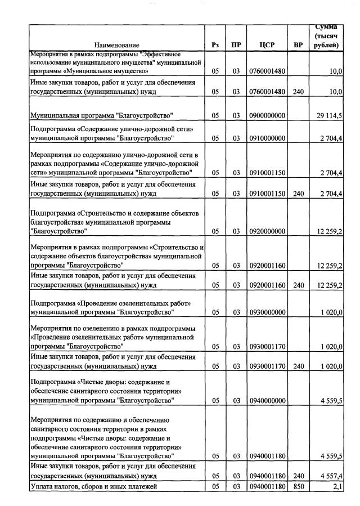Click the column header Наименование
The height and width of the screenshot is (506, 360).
pos(116,45)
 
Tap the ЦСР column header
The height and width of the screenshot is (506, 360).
pos(267,45)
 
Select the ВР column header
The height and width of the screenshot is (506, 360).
pos(298,45)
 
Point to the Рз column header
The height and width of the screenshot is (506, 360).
pos(215,45)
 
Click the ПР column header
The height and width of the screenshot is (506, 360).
pos(236,45)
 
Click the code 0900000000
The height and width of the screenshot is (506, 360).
pos(267,115)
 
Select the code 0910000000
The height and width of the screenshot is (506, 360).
pos(267,138)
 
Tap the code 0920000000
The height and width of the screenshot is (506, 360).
pos(267,231)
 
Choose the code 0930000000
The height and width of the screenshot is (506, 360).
pos(267,312)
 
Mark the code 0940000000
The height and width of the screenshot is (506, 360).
pos(267,401)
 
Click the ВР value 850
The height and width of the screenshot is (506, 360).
pos(298,486)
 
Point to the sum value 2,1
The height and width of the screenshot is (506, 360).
pos(337,486)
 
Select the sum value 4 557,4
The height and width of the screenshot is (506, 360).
pos(331,476)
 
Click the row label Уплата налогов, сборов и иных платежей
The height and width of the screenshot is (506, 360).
pos(93,486)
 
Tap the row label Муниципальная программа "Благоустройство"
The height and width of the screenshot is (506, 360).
pos(101,115)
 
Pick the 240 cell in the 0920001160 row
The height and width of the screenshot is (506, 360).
pos(298,285)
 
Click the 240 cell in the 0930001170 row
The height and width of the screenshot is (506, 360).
pos(298,366)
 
